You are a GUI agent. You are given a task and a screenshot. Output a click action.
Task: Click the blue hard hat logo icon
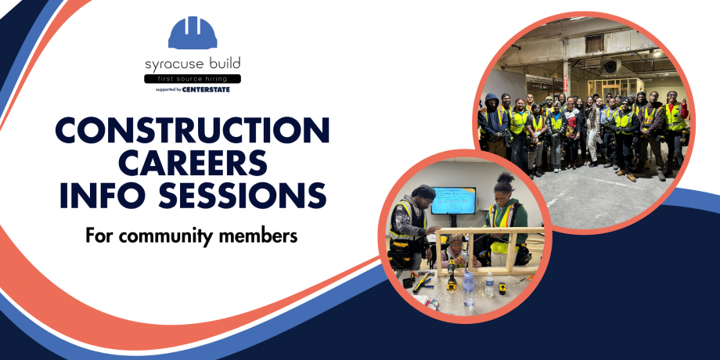(193, 32)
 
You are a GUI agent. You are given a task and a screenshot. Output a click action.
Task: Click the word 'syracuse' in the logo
(168, 64)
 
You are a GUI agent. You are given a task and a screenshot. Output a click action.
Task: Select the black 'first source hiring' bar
(193, 79)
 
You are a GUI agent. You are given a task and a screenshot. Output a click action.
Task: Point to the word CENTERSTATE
(207, 89)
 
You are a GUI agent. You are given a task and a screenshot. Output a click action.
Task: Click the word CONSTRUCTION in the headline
(193, 130)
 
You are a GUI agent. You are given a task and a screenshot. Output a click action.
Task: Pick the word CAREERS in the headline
(193, 162)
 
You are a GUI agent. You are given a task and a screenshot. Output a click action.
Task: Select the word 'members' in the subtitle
(263, 235)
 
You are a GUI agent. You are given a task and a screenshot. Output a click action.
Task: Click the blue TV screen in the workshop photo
(453, 200)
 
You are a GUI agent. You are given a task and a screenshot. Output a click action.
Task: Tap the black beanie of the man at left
(423, 193)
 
